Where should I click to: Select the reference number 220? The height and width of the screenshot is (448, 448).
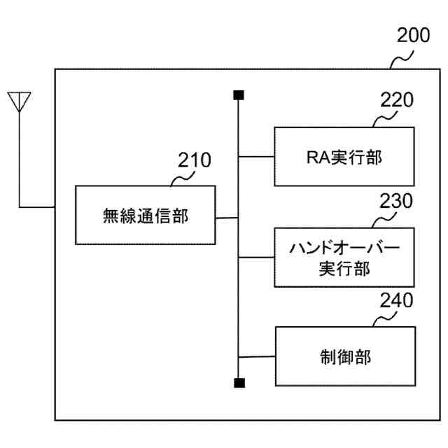pyautogui.click(x=397, y=100)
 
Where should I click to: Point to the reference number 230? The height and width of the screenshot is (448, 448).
pyautogui.click(x=396, y=202)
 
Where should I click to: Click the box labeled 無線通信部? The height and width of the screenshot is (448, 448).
pyautogui.click(x=145, y=216)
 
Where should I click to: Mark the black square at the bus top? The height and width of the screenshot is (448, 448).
pyautogui.click(x=239, y=94)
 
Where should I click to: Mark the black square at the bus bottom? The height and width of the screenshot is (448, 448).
pyautogui.click(x=239, y=383)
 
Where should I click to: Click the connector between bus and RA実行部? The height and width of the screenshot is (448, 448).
pyautogui.click(x=256, y=156)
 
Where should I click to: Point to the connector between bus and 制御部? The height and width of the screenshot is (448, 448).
pyautogui.click(x=256, y=357)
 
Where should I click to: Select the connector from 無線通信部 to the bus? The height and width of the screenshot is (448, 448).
pyautogui.click(x=226, y=218)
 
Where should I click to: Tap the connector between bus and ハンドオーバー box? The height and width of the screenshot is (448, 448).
pyautogui.click(x=256, y=258)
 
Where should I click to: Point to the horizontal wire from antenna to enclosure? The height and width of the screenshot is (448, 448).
pyautogui.click(x=36, y=207)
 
